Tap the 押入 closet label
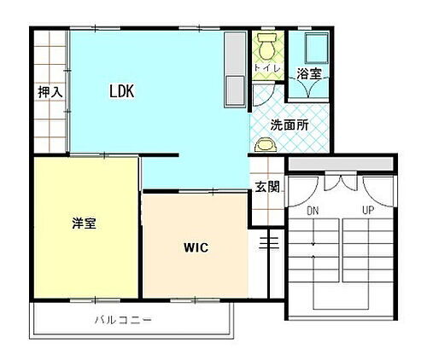50,92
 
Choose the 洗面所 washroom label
289,125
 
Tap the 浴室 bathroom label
308,74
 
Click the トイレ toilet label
263,67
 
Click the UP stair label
367,209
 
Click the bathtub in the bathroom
307,48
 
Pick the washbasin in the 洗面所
266,145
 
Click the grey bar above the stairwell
339,164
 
